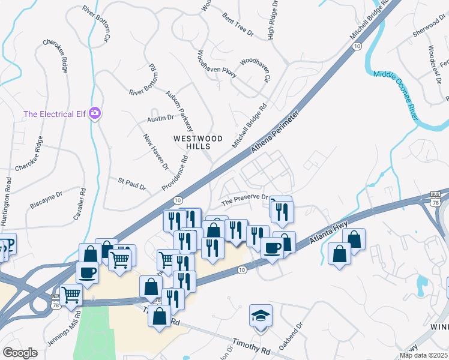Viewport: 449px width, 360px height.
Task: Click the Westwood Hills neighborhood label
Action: (x=197, y=142)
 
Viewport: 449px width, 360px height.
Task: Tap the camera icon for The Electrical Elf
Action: (x=94, y=113)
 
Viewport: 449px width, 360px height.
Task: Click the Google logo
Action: (x=20, y=353)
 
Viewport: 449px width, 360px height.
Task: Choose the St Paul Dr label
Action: (x=132, y=184)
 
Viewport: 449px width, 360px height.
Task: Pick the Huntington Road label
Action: (x=8, y=200)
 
